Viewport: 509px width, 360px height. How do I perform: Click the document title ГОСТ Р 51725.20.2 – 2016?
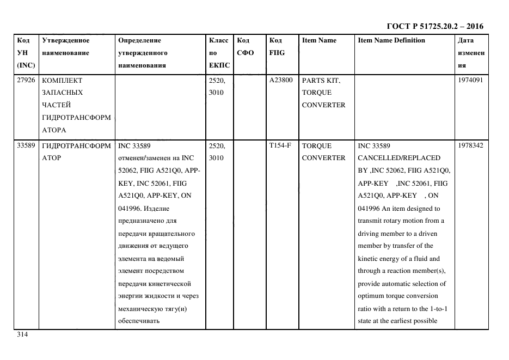pos(434,26)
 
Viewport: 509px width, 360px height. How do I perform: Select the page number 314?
pos(22,334)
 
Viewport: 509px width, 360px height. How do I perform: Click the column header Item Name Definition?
pos(391,40)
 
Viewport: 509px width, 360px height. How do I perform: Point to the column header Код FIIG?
pos(277,47)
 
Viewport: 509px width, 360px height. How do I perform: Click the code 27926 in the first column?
pos(26,80)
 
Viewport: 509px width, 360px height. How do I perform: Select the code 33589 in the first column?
pos(26,145)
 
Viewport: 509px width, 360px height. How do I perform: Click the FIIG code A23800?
pos(281,80)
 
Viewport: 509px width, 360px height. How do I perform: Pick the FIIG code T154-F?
pos(280,145)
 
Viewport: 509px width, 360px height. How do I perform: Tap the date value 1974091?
pos(471,80)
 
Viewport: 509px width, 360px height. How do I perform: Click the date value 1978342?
pos(471,145)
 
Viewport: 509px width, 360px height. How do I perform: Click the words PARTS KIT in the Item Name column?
pos(321,80)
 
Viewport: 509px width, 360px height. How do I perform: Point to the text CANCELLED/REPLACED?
pos(398,158)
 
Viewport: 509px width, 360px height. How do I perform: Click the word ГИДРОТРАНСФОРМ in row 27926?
pos(76,118)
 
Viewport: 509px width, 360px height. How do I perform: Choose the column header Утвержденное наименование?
pos(66,47)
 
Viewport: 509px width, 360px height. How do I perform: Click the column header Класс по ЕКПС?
pos(219,53)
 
